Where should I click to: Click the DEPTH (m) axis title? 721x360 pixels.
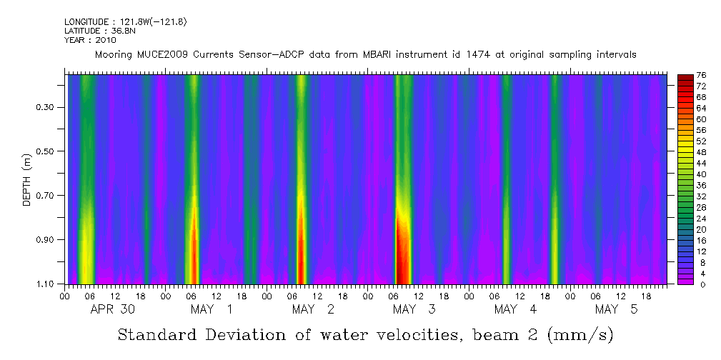click(26, 179)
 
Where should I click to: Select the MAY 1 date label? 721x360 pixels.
click(212, 309)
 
